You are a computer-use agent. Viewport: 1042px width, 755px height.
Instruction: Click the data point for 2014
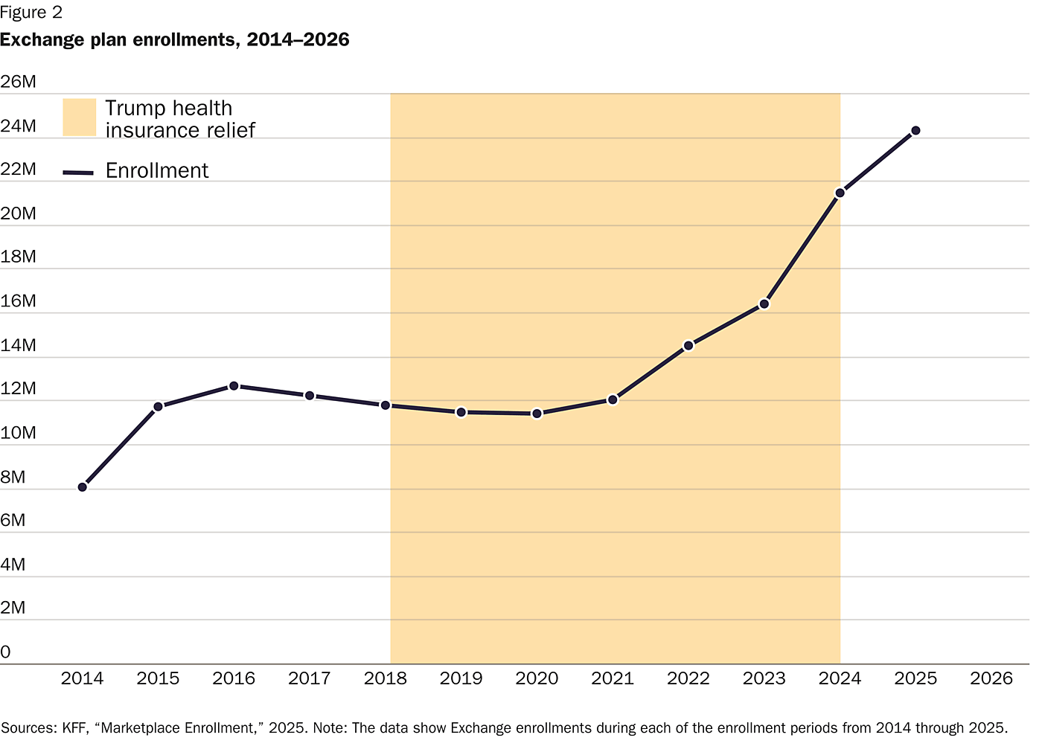click(83, 487)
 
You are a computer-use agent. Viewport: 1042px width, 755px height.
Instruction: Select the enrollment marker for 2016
click(234, 386)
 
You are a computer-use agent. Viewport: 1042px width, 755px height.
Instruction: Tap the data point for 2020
click(537, 414)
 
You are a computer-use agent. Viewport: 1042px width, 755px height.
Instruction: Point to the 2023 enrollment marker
click(764, 304)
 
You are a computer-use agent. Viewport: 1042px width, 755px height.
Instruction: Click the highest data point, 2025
click(916, 131)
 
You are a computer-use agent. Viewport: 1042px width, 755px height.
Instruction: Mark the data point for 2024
click(840, 193)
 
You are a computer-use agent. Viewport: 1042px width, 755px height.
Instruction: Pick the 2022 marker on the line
click(688, 346)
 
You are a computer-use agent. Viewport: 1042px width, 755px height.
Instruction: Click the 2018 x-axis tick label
click(386, 678)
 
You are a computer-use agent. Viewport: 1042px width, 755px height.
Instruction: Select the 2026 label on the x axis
click(991, 678)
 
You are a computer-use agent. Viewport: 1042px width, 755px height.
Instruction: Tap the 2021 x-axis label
click(613, 678)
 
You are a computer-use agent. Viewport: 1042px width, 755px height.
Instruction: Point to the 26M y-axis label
click(19, 82)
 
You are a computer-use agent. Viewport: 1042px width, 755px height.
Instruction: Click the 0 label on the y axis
click(6, 652)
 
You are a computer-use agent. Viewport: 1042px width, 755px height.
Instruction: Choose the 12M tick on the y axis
click(19, 389)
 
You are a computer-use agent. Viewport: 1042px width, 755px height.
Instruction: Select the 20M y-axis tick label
click(19, 214)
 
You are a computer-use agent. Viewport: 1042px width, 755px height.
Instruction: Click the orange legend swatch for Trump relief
click(80, 118)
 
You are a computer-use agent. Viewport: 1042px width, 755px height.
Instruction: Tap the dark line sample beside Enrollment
click(78, 173)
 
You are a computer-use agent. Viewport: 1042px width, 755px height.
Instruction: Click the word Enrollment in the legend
click(157, 171)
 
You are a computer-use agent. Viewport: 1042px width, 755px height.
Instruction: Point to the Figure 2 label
click(31, 13)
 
